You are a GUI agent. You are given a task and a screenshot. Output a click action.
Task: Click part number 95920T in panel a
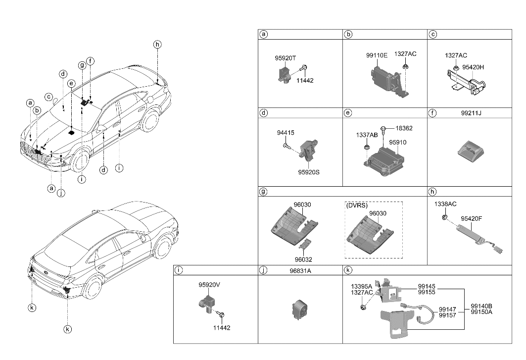pos(285,58)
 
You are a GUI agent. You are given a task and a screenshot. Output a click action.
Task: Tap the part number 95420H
pos(474,67)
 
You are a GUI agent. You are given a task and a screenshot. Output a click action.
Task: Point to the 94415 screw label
pos(285,133)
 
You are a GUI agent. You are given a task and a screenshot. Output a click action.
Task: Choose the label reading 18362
pos(404,128)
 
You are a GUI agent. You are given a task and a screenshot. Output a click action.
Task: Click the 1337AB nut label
pos(367,135)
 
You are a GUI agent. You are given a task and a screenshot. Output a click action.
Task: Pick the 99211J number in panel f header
pos(471,113)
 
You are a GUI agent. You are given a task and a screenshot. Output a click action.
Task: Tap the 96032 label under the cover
pos(303,259)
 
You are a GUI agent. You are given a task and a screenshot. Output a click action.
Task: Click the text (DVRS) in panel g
pos(356,205)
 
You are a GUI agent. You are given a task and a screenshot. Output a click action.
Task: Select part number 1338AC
pos(445,204)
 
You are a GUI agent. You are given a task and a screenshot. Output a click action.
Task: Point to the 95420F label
pos(472,218)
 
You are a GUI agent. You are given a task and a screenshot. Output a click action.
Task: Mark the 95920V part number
pos(209,285)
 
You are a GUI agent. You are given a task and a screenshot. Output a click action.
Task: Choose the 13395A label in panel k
pos(361,286)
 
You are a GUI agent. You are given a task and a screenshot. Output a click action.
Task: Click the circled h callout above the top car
pos(157,45)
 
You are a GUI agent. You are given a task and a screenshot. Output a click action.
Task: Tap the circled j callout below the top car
pos(61,193)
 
